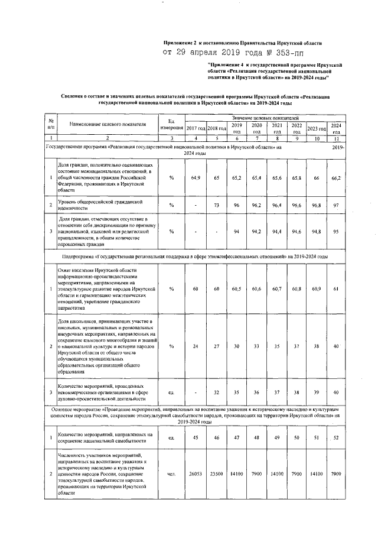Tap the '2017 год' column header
[195, 128]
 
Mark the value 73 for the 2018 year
[216, 205]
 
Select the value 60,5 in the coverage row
[236, 289]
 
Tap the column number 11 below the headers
[335, 138]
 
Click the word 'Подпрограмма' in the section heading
[79, 257]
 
